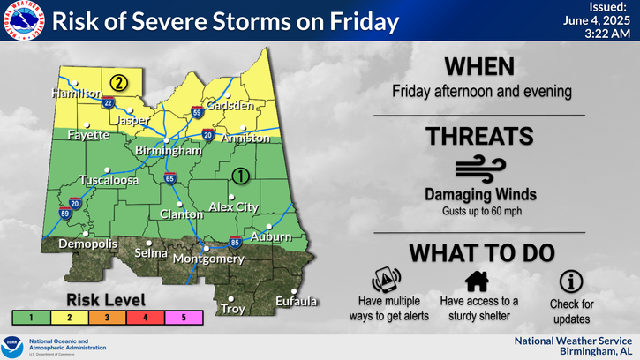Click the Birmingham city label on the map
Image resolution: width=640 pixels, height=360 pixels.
click(162, 151)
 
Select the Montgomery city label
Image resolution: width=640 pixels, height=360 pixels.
click(208, 259)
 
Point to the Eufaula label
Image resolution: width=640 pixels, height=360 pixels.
click(295, 302)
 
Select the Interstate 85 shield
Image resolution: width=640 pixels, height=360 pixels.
click(234, 241)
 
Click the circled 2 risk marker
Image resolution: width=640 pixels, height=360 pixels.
click(118, 83)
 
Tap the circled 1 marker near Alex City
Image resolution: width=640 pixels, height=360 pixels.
click(239, 176)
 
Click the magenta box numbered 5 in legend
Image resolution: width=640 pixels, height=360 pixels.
click(184, 315)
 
